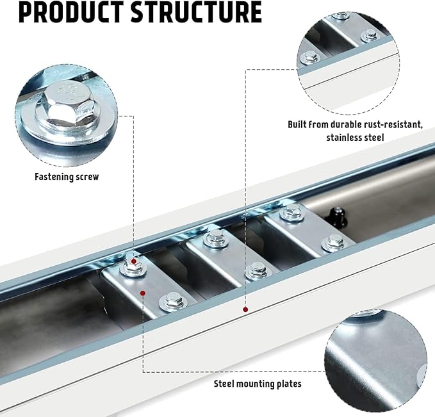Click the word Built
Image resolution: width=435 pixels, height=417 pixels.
click(x=299, y=124)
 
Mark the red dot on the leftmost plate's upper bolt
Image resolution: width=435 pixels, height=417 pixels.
click(x=133, y=261)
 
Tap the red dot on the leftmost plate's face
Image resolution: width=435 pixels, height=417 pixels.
click(x=144, y=291)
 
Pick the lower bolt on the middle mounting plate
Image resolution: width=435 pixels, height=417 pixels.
click(x=257, y=268)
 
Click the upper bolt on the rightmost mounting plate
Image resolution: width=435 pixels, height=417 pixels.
click(x=291, y=213)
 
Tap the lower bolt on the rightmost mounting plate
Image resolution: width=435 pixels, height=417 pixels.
click(x=333, y=241)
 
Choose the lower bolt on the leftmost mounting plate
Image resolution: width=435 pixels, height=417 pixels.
click(x=171, y=299)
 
